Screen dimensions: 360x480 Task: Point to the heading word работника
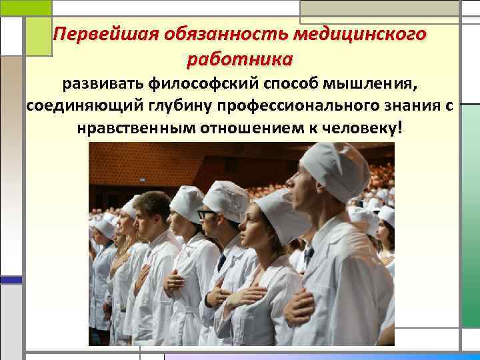click(240, 59)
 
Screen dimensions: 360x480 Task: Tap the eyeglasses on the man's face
click(207, 214)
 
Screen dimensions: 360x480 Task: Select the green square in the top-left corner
click(25, 7)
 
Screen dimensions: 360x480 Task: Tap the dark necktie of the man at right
click(307, 255)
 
